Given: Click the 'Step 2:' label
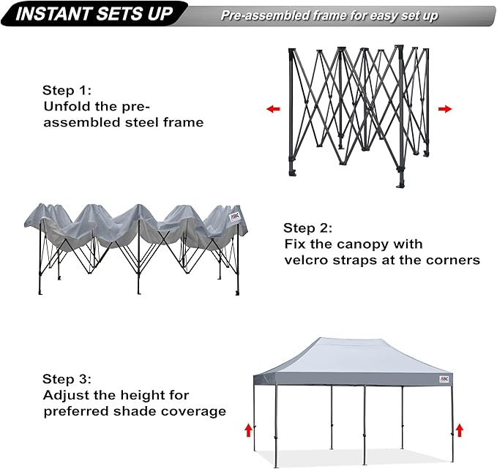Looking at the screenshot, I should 309,228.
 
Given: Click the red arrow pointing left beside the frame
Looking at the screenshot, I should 273,109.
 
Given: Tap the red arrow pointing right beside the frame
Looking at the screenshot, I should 444,109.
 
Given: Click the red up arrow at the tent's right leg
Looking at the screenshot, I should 459,429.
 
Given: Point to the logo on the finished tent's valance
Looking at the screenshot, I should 444,380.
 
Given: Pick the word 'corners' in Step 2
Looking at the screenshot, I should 453,260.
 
